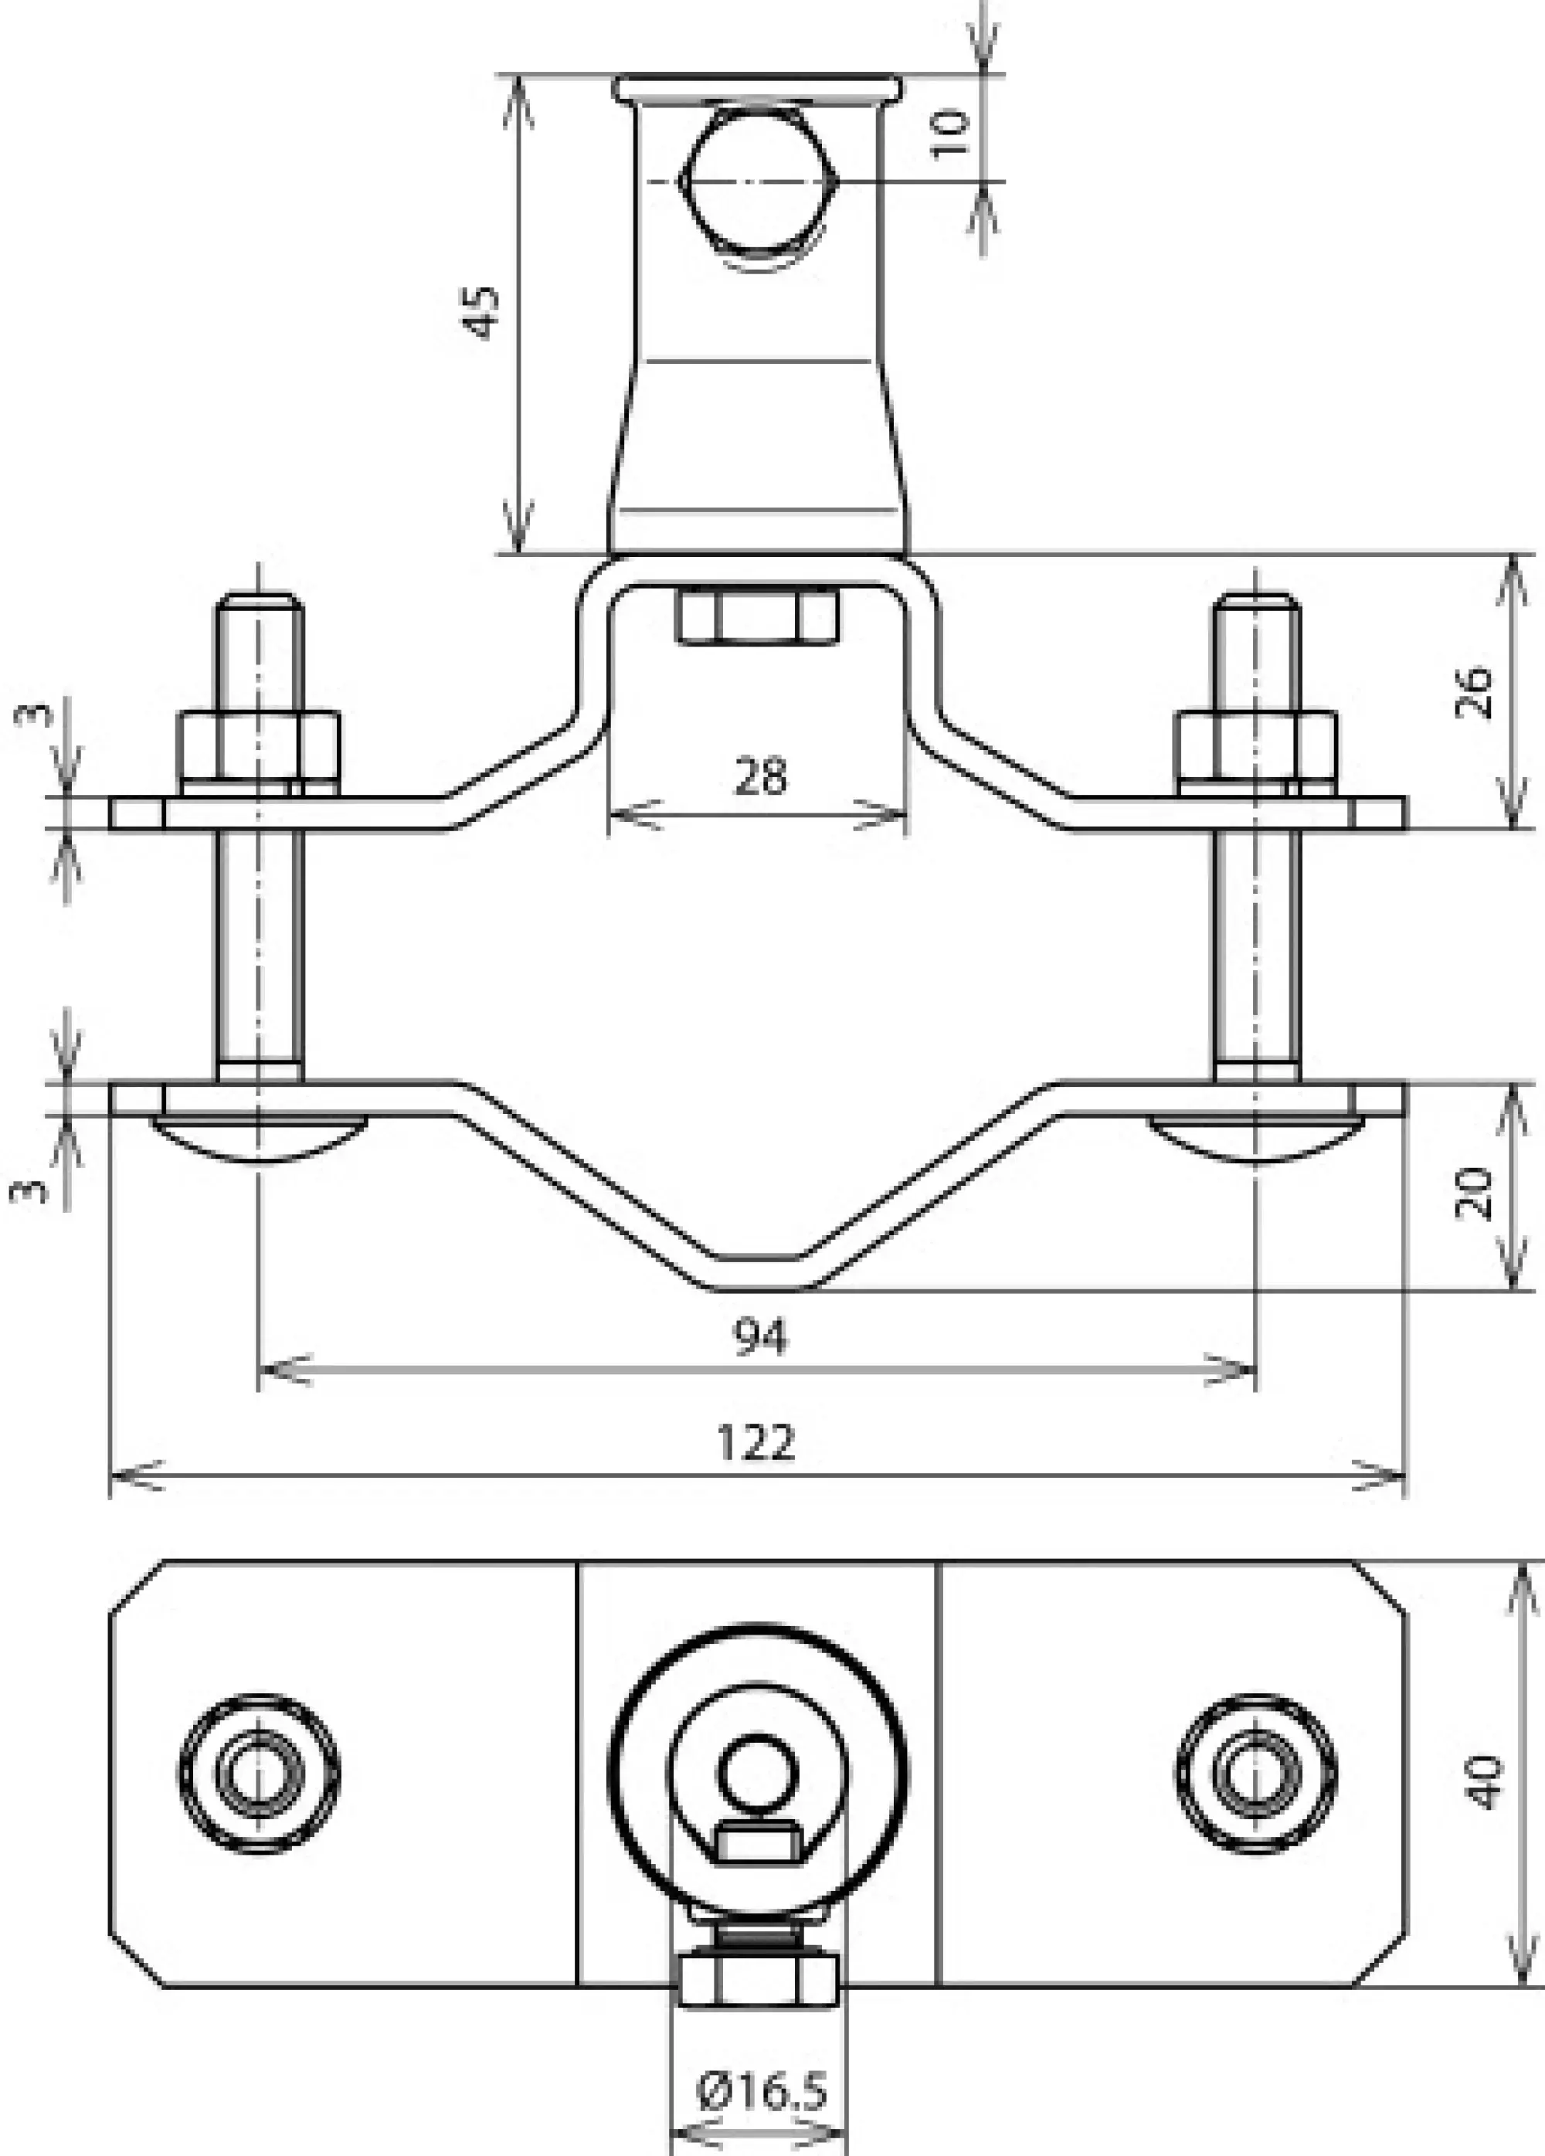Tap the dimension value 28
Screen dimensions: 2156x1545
761,776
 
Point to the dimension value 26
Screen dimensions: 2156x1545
1475,692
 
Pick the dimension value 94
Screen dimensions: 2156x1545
761,1337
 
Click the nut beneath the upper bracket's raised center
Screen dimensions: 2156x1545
758,616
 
